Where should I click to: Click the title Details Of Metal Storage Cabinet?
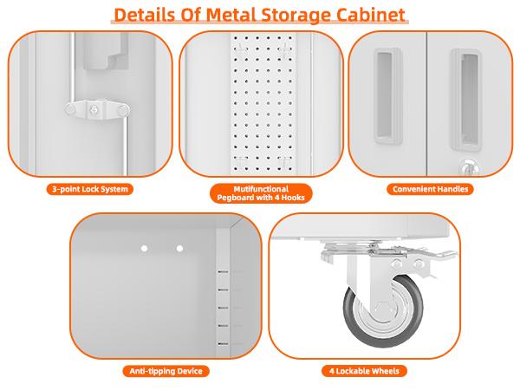pos(260,15)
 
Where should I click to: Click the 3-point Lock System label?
pos(89,188)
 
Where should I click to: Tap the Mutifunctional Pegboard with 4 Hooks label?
pos(261,192)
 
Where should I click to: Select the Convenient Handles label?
pos(430,188)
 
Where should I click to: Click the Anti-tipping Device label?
pos(164,371)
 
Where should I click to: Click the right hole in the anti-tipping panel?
pos(179,249)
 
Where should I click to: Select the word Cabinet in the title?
pos(367,15)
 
